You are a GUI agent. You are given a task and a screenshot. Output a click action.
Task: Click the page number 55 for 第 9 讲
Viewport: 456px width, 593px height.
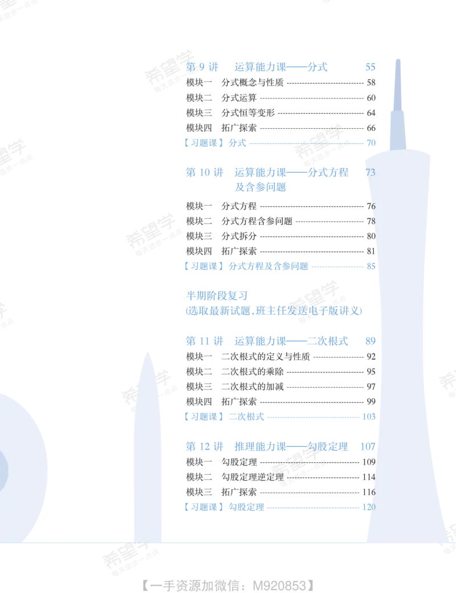(x=370, y=67)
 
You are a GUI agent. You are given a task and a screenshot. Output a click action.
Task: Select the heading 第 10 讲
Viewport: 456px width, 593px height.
(x=204, y=172)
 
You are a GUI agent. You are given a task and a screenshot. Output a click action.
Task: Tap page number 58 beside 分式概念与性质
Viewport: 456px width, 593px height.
(x=371, y=83)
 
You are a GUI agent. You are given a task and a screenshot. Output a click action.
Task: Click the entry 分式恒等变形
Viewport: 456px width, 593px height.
(x=248, y=113)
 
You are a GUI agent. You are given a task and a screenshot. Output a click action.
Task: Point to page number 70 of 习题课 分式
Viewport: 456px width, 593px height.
(x=371, y=143)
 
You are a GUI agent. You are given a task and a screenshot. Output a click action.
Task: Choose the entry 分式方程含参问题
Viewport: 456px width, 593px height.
(x=256, y=221)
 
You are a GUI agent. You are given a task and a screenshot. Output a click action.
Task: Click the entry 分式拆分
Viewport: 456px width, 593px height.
(x=239, y=236)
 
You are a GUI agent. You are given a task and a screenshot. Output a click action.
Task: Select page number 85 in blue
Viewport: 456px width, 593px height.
(x=371, y=266)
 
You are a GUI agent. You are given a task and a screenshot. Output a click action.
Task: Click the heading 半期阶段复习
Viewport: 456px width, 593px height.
(x=217, y=296)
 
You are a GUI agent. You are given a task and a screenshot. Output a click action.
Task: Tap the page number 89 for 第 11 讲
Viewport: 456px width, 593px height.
(x=370, y=341)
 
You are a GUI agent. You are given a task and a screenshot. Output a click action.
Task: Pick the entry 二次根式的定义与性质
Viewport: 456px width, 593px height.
(x=266, y=356)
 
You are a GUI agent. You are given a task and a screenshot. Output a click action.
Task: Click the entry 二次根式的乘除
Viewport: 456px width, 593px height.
(x=252, y=371)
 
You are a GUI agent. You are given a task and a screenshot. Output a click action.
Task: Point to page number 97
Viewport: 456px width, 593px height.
(x=371, y=387)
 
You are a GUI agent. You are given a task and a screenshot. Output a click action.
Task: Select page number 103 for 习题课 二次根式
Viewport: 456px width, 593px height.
(x=369, y=417)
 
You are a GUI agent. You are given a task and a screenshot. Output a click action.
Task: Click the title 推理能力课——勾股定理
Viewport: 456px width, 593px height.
(x=291, y=446)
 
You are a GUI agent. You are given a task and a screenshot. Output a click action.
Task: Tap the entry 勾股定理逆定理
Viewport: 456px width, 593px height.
(x=252, y=477)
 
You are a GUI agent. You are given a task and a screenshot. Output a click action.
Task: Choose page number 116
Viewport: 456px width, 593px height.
(x=369, y=492)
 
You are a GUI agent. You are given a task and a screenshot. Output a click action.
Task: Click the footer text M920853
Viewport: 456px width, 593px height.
(x=279, y=586)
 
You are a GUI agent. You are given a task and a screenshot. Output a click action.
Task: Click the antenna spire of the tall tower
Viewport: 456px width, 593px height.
(x=397, y=85)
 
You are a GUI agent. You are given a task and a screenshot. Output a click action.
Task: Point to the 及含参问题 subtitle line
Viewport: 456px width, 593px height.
(x=260, y=187)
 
